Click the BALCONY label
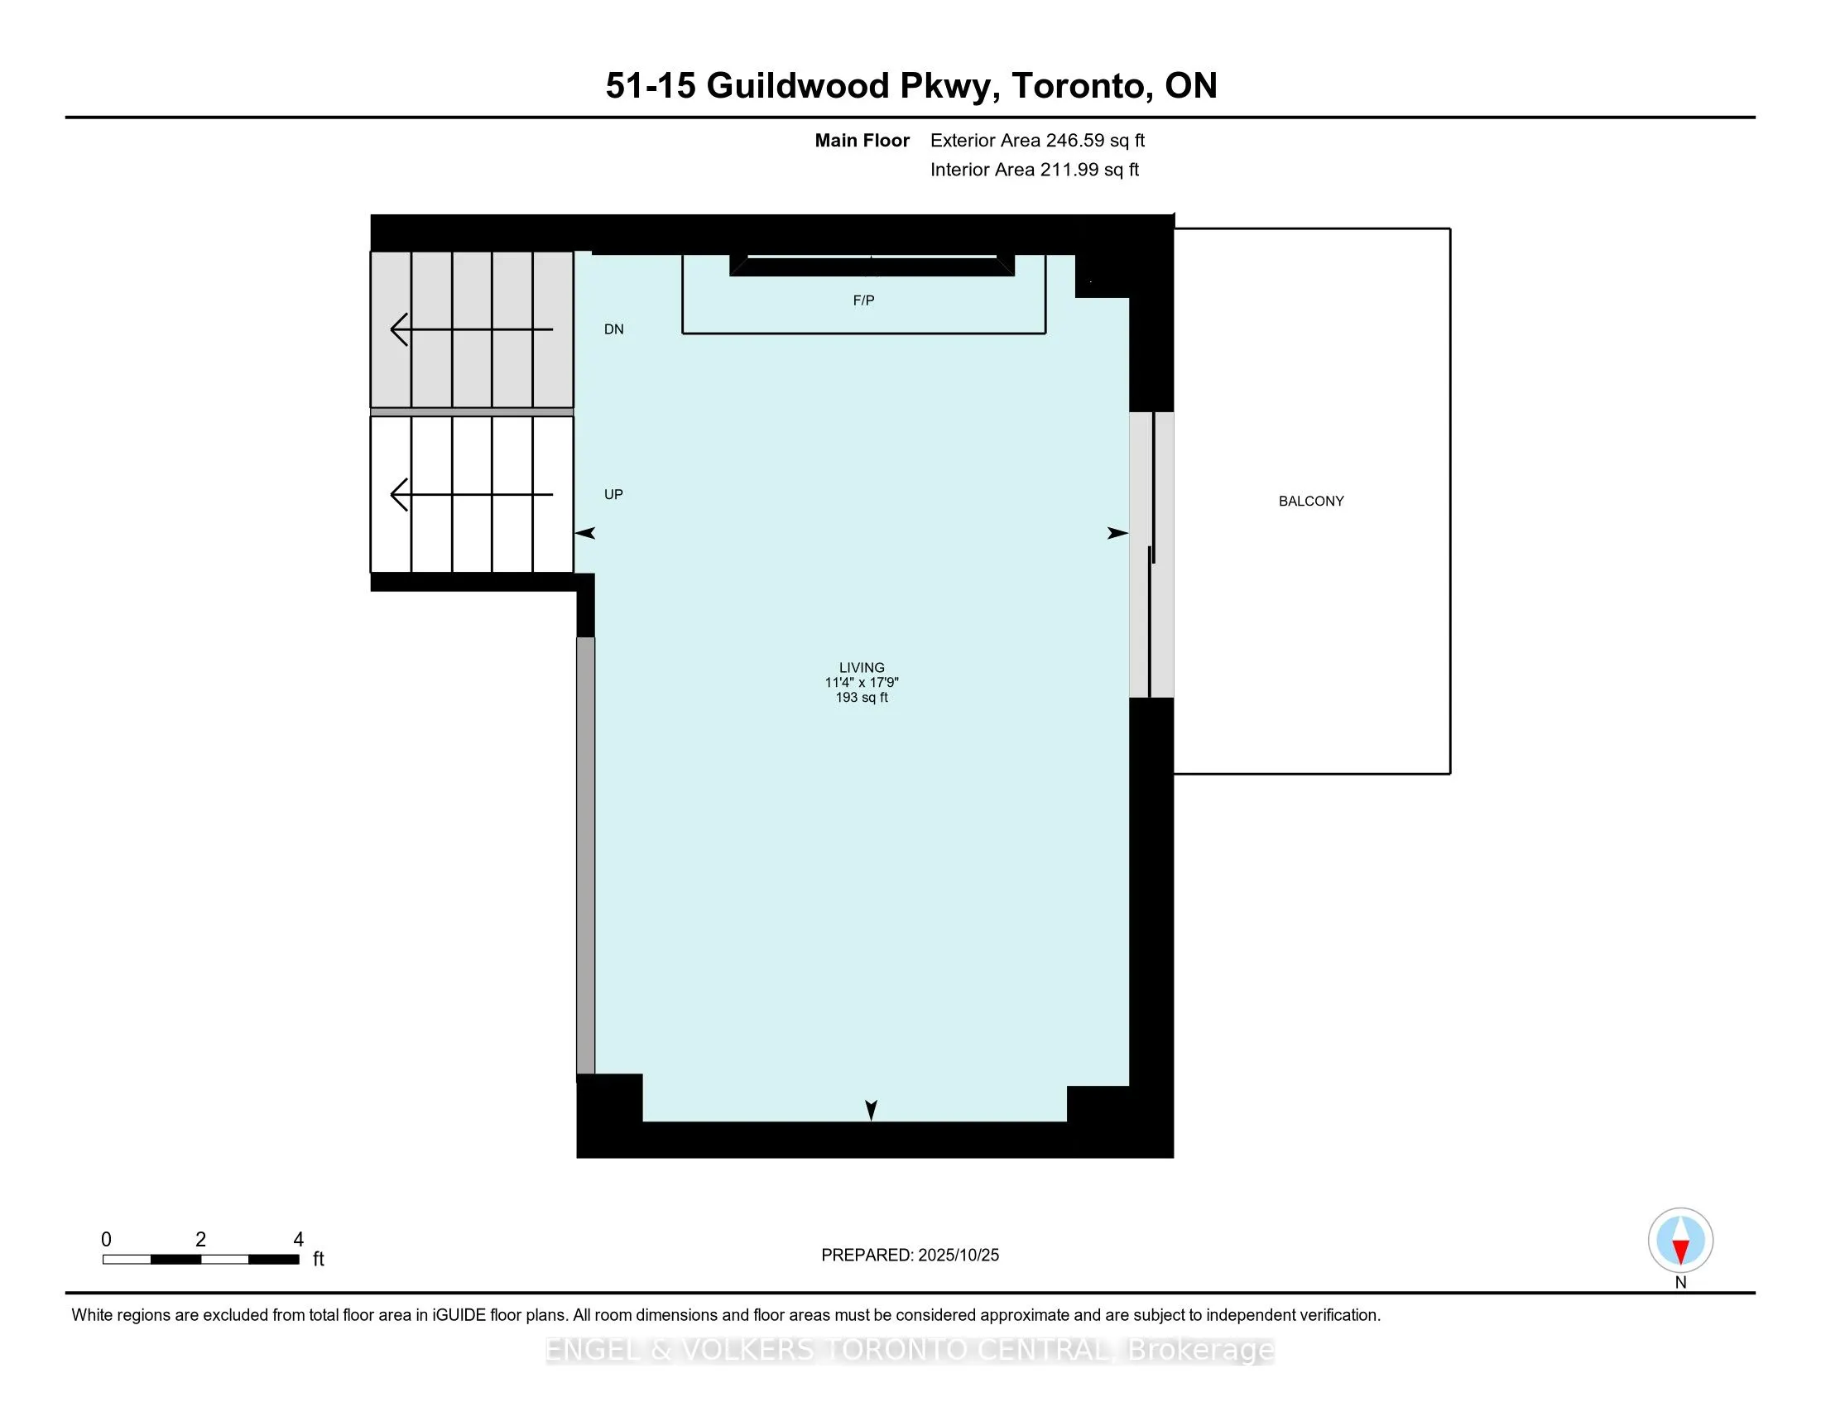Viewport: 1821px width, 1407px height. click(x=1311, y=501)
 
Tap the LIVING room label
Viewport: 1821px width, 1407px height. click(x=862, y=668)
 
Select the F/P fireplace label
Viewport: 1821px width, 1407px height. click(x=863, y=300)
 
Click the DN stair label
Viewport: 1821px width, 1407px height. click(x=613, y=329)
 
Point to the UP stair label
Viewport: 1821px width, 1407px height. click(x=613, y=494)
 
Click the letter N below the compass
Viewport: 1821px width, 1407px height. click(x=1680, y=1283)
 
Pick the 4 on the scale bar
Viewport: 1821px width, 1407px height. click(x=299, y=1240)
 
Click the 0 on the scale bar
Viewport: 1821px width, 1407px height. click(x=106, y=1240)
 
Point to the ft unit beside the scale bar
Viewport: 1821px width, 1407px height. click(x=319, y=1260)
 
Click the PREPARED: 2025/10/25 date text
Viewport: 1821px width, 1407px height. click(x=910, y=1256)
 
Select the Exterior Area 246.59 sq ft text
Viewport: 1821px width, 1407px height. click(x=1037, y=141)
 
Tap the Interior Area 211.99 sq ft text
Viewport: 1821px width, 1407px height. click(x=1034, y=170)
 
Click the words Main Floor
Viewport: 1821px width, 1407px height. click(x=862, y=141)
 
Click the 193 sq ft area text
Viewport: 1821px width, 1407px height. click(x=862, y=698)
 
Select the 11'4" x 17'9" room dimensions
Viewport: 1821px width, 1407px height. click(x=862, y=683)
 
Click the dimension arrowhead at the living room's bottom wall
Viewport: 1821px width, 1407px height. click(x=872, y=1110)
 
